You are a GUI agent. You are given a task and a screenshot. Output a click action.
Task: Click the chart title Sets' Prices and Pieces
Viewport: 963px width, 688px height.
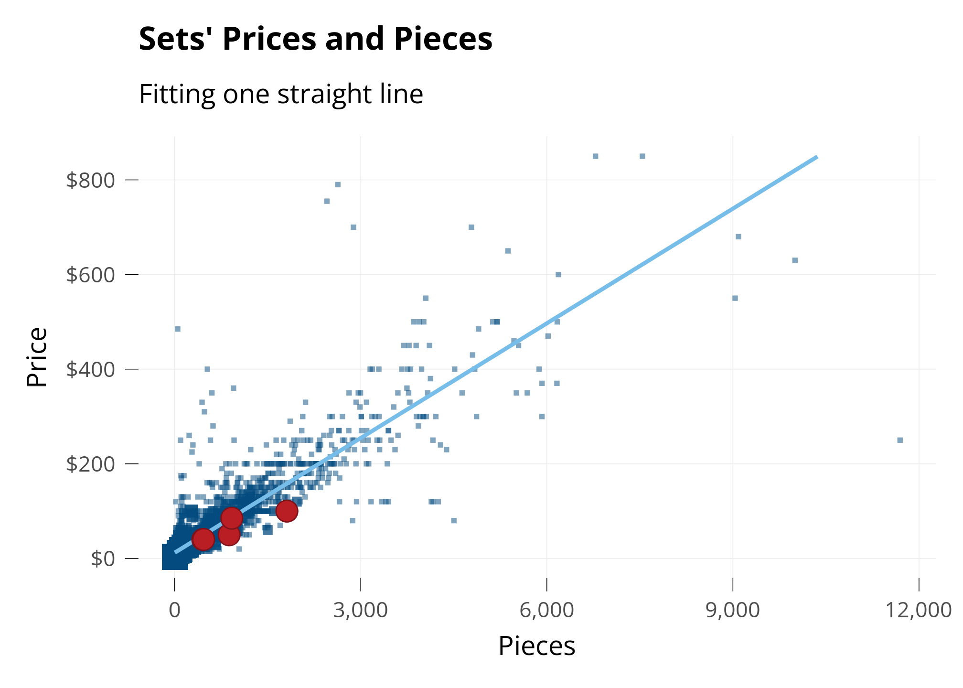pyautogui.click(x=315, y=39)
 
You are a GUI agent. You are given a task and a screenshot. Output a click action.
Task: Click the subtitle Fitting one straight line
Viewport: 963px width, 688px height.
pyautogui.click(x=281, y=94)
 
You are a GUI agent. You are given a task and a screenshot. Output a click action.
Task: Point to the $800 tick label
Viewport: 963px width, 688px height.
pyautogui.click(x=91, y=181)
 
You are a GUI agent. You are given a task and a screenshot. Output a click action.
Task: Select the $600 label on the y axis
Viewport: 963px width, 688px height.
pyautogui.click(x=91, y=275)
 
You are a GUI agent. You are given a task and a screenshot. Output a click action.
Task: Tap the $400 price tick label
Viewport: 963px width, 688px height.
pyautogui.click(x=91, y=369)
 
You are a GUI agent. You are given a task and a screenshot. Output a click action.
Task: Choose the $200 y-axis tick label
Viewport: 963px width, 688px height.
pyautogui.click(x=91, y=464)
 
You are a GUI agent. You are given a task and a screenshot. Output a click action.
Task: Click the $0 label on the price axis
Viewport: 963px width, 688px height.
pyautogui.click(x=103, y=559)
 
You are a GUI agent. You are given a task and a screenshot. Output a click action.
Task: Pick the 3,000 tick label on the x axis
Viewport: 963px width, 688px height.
pyautogui.click(x=360, y=611)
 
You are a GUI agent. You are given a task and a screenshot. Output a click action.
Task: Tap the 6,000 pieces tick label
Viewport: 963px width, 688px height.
pyautogui.click(x=546, y=611)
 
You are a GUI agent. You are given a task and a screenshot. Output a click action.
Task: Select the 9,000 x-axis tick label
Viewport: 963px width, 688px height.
pyautogui.click(x=732, y=611)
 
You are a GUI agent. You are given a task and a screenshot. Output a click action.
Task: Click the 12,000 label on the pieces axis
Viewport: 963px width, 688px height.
pyautogui.click(x=917, y=611)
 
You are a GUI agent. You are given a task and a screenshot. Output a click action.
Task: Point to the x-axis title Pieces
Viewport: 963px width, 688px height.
pyautogui.click(x=536, y=646)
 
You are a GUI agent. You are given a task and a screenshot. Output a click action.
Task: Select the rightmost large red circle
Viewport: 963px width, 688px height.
pyautogui.click(x=287, y=511)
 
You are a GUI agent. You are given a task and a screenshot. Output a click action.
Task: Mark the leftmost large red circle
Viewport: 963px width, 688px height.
pyautogui.click(x=203, y=539)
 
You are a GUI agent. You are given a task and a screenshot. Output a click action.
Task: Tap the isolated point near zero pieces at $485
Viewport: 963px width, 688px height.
pyautogui.click(x=178, y=329)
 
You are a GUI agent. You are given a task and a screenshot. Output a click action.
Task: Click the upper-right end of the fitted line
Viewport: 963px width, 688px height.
pyautogui.click(x=816, y=157)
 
